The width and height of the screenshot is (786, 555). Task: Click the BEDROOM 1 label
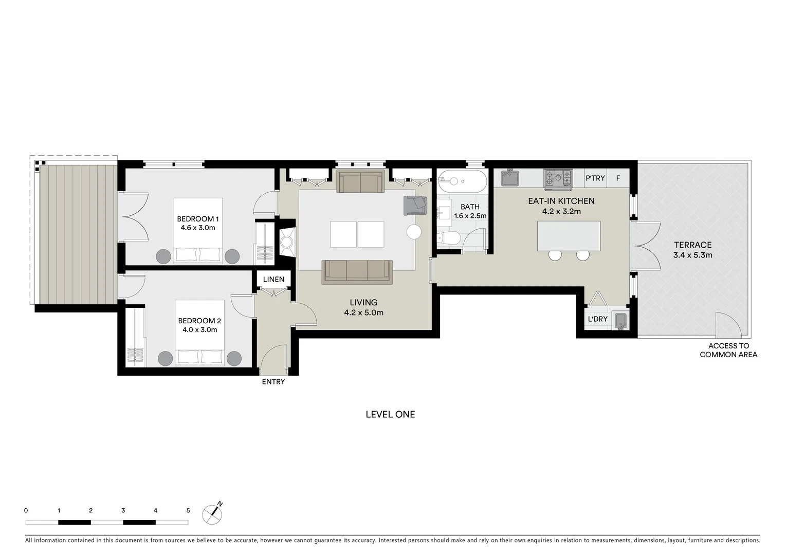[198, 219]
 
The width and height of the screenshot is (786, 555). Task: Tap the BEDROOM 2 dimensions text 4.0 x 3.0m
[199, 330]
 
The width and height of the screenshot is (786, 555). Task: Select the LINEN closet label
[273, 280]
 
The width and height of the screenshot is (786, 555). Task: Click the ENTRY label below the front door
[273, 382]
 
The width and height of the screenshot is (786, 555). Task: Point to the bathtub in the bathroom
[462, 181]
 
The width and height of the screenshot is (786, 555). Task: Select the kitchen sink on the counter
[509, 178]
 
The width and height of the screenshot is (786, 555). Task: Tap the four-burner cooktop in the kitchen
[558, 178]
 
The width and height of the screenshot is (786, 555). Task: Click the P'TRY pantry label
[595, 178]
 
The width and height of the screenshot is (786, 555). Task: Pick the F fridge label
[618, 178]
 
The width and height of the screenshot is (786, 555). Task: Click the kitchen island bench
[569, 235]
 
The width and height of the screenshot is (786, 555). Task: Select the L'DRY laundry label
[597, 319]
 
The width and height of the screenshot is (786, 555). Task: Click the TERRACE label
[692, 245]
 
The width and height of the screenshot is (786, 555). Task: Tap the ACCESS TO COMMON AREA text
[728, 350]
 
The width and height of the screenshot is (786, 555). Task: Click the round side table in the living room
[414, 232]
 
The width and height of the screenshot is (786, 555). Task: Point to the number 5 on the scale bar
[188, 510]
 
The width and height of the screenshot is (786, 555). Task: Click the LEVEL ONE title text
[390, 414]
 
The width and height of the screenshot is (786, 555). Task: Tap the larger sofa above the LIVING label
[357, 271]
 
